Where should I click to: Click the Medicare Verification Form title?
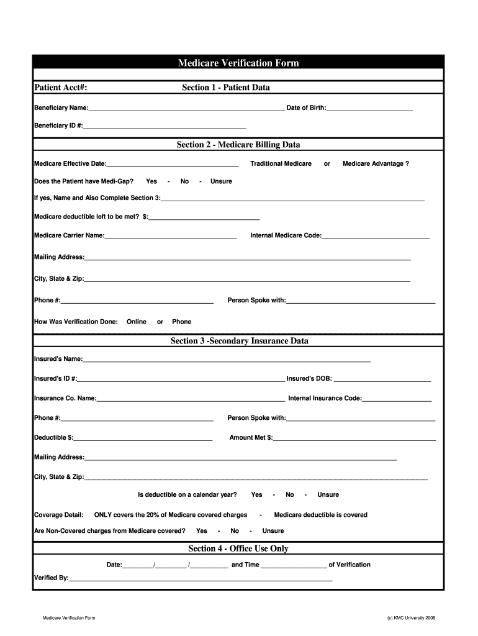click(x=238, y=63)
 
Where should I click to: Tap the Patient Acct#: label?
click(x=60, y=88)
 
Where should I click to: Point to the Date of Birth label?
click(x=305, y=108)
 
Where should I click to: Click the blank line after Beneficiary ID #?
click(x=165, y=125)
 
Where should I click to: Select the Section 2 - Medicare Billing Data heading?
click(x=238, y=145)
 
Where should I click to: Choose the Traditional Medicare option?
click(x=281, y=164)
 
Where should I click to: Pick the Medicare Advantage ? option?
click(x=376, y=164)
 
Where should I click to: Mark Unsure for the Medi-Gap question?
click(x=221, y=181)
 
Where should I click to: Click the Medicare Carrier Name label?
click(x=69, y=236)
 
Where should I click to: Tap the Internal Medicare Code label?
click(x=286, y=236)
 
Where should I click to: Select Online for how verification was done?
click(x=137, y=322)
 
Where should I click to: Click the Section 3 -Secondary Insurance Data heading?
click(x=239, y=341)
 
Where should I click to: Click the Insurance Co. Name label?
click(x=65, y=398)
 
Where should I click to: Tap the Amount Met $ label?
click(x=251, y=438)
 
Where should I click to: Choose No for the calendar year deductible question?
click(x=290, y=495)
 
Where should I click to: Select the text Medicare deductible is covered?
click(x=320, y=515)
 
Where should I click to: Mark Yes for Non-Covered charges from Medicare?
click(x=202, y=531)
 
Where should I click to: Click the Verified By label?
click(x=51, y=578)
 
